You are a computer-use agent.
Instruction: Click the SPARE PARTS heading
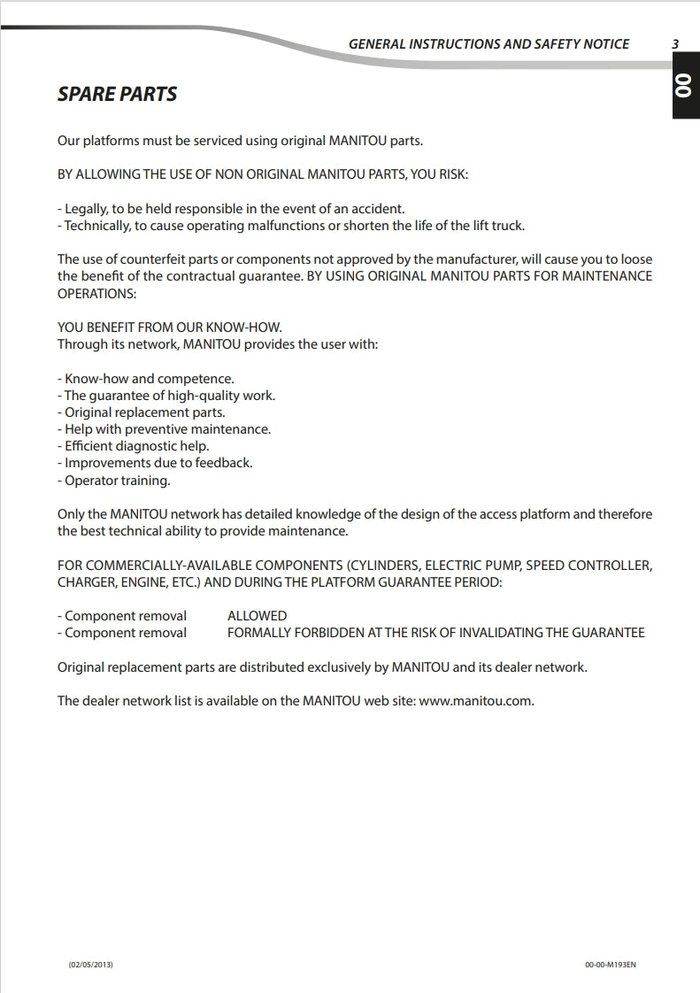pos(117,94)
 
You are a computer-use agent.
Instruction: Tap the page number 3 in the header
pos(675,43)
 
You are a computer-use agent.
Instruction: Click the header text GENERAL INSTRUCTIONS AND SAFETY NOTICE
pos(488,43)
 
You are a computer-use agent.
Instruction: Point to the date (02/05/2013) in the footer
pos(90,964)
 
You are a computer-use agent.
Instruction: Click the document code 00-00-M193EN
pos(611,964)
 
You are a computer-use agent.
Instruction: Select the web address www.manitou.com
pos(475,701)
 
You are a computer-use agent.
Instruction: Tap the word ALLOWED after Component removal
pos(257,616)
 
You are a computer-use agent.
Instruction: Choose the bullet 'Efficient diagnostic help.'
pos(134,446)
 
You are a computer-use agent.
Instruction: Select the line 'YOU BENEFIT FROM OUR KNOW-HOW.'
pos(170,327)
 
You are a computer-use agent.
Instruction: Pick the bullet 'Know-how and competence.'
pos(146,379)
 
